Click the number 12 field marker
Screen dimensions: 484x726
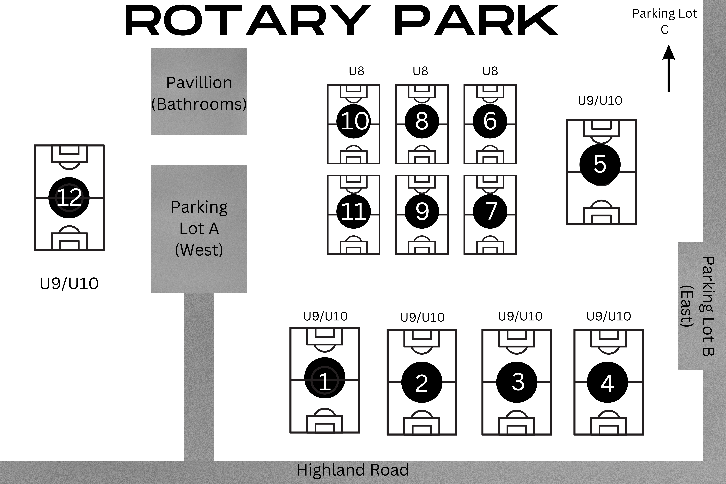click(x=69, y=198)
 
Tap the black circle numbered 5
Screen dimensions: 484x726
click(x=600, y=164)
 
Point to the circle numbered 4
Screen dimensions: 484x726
click(x=607, y=382)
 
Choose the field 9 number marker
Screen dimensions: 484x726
click(x=422, y=211)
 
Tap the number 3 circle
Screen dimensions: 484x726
click(x=517, y=382)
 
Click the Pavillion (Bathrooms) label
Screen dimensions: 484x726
click(x=199, y=93)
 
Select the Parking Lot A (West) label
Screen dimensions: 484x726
click(x=199, y=228)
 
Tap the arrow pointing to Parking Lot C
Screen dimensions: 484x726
click(x=669, y=69)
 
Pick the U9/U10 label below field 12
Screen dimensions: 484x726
click(x=69, y=283)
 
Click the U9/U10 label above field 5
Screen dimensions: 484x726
click(x=600, y=101)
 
